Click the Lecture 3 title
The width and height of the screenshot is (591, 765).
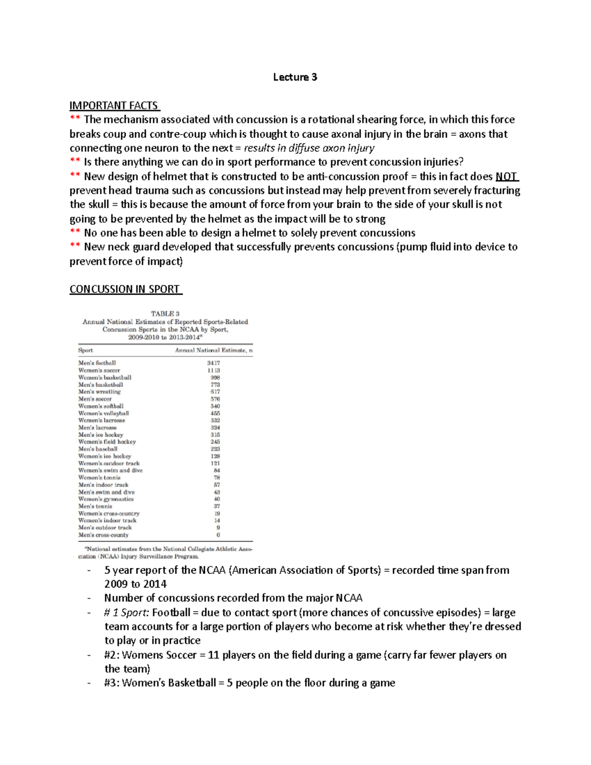point(295,77)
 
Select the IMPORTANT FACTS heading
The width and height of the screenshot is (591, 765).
point(114,105)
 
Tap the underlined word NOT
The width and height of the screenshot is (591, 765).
point(507,176)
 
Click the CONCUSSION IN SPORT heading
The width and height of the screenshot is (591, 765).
point(125,289)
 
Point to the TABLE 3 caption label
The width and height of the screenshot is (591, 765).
point(165,314)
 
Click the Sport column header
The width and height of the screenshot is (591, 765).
point(85,350)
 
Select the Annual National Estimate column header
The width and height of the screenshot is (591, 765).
point(214,350)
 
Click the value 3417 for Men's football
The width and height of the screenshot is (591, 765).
point(213,363)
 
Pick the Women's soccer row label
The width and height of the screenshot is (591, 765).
point(99,370)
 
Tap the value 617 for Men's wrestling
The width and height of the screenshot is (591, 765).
point(215,392)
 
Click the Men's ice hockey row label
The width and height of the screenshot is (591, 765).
point(100,434)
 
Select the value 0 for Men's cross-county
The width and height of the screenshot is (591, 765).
point(218,535)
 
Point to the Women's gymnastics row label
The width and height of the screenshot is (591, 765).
point(106,499)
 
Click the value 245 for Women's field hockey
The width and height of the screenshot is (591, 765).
point(215,442)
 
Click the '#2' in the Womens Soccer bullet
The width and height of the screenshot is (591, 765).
point(111,655)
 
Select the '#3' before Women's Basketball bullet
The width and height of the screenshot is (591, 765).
point(111,683)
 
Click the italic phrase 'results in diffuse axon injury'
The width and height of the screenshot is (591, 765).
point(309,148)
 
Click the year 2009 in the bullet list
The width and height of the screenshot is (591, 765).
point(116,584)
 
